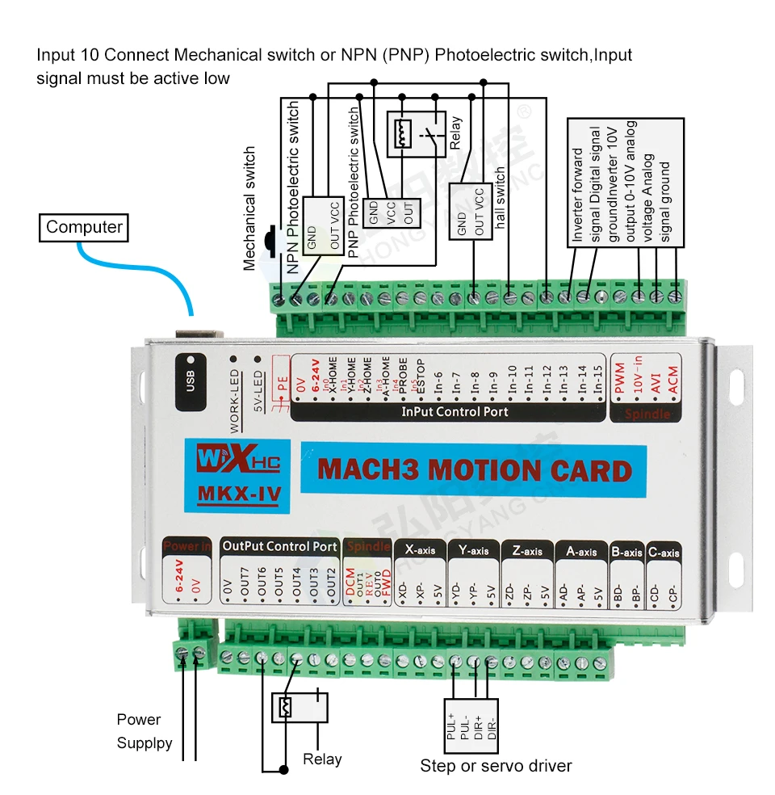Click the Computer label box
point(84,227)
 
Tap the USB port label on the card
point(190,376)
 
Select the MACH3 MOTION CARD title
point(475,470)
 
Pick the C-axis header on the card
point(664,553)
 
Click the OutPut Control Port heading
point(280,546)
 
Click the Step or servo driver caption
point(496,765)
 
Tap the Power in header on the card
point(187,546)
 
